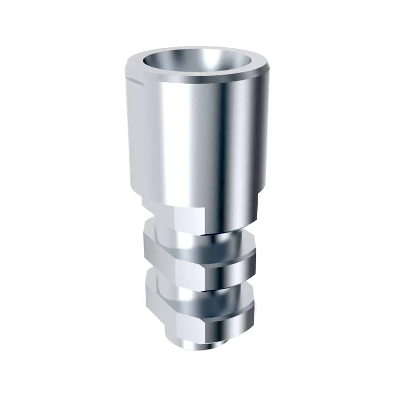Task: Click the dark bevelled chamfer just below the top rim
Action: tap(198, 81)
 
